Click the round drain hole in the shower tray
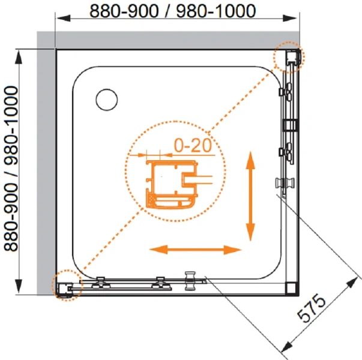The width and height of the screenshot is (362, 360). [108, 98]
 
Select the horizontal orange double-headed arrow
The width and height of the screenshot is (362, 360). [196, 249]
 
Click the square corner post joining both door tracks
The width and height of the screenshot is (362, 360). [292, 287]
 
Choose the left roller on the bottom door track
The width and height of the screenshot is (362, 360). [100, 281]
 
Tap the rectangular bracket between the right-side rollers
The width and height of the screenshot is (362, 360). [289, 125]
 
